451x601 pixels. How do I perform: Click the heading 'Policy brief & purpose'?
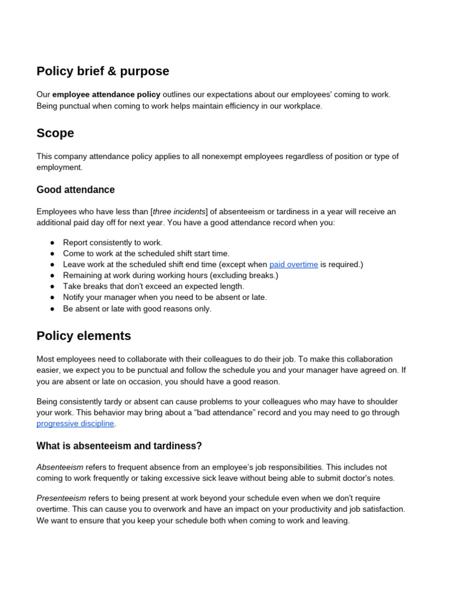(103, 71)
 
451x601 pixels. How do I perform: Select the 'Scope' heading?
(55, 133)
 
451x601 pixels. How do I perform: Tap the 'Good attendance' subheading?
(76, 190)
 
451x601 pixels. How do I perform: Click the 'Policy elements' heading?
(83, 336)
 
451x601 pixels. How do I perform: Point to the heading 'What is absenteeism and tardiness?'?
(119, 446)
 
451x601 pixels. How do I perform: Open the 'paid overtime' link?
(294, 265)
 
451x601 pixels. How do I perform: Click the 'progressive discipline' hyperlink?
(75, 424)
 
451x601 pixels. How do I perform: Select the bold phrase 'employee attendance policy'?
(106, 94)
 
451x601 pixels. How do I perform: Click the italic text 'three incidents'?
(180, 212)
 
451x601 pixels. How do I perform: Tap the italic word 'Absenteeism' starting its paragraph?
(60, 467)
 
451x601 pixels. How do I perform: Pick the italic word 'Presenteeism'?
(62, 498)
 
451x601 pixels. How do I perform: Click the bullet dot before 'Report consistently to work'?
(52, 242)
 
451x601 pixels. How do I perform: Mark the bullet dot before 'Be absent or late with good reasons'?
(52, 309)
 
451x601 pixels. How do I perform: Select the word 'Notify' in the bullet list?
(75, 298)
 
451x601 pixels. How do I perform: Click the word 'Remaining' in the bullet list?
(82, 275)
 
